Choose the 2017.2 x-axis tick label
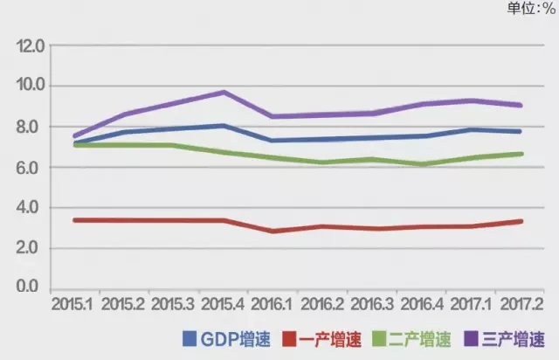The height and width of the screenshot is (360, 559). click(x=521, y=305)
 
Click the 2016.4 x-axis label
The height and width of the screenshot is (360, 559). click(x=422, y=305)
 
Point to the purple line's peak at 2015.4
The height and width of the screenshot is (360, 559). click(x=224, y=92)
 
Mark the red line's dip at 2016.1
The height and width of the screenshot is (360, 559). click(x=274, y=231)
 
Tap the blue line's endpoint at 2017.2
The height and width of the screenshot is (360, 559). click(x=521, y=131)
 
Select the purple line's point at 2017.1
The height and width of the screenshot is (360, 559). click(x=472, y=100)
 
